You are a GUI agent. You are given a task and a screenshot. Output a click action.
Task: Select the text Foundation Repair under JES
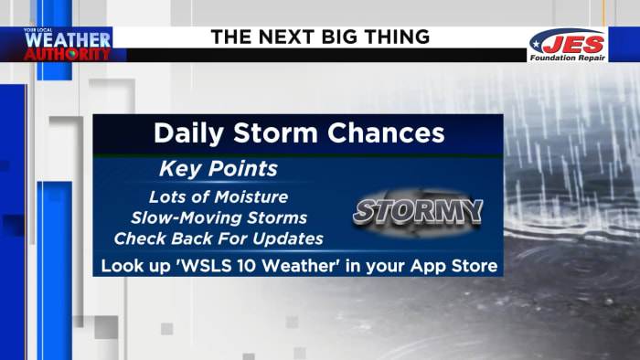567,57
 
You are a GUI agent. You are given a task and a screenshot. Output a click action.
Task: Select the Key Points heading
219,170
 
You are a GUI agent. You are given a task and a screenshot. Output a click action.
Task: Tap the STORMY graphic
417,211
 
